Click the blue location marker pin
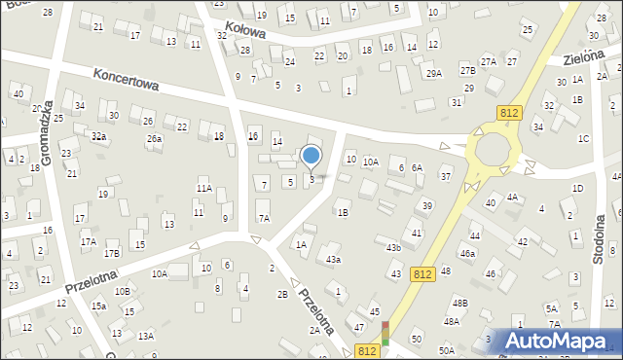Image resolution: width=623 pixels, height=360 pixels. click(311, 156)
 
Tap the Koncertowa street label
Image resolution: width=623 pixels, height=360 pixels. click(127, 84)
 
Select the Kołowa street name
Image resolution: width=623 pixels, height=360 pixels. click(243, 33)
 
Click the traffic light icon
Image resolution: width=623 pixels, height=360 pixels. click(386, 333)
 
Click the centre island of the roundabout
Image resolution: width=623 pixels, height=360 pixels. click(493, 152)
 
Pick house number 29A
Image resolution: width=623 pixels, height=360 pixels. click(433, 73)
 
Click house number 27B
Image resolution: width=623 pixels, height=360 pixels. click(467, 70)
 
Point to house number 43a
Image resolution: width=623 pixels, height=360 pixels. click(333, 260)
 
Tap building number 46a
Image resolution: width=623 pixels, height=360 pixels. click(468, 253)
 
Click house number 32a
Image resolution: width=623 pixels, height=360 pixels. click(98, 137)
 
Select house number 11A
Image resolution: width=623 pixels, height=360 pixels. click(203, 188)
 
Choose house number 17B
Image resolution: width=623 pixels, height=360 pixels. click(112, 254)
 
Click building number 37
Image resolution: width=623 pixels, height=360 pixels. click(445, 176)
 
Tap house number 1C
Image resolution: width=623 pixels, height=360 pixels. click(583, 138)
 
